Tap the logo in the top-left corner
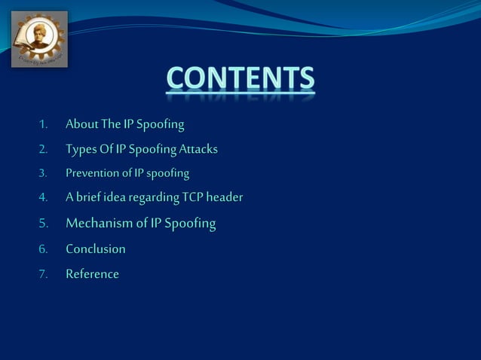tap(39, 39)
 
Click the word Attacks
tap(198, 149)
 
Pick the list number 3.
tap(44, 174)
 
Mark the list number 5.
tap(44, 224)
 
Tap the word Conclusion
tap(96, 249)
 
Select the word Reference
tap(92, 273)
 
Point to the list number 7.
tap(44, 274)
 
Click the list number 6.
tap(44, 249)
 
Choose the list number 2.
tap(44, 150)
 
